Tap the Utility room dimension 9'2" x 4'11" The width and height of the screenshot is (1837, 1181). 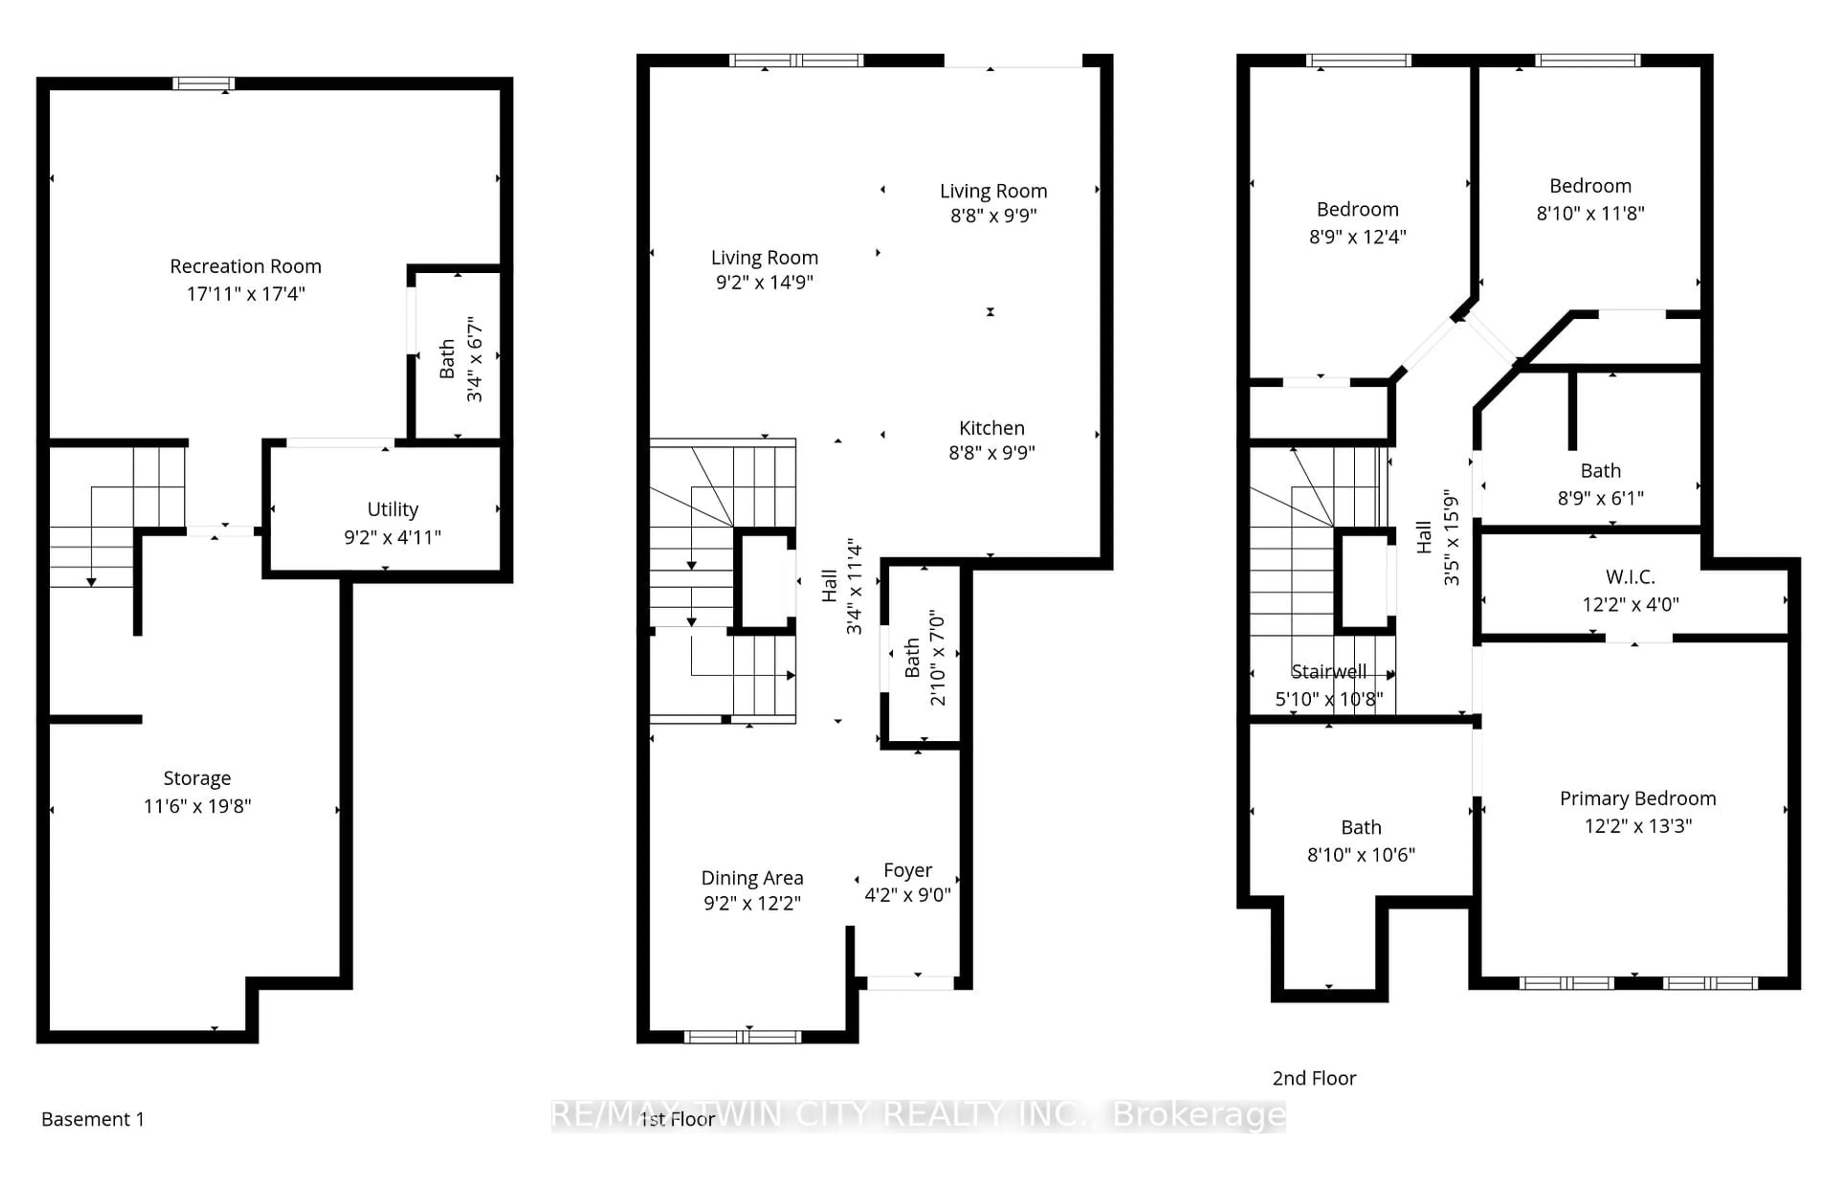click(393, 537)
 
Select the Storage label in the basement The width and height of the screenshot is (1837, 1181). click(197, 779)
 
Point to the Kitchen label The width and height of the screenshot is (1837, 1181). click(991, 428)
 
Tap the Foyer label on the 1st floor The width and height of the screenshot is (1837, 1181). click(908, 870)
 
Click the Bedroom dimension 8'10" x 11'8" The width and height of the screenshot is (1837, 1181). click(1590, 213)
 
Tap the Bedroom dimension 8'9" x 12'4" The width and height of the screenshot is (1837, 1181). click(1357, 237)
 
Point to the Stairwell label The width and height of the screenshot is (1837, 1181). click(1328, 672)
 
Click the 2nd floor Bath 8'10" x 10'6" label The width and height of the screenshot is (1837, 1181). click(1361, 827)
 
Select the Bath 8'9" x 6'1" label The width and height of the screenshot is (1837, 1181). click(1600, 471)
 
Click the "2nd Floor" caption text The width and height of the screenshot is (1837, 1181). click(1314, 1078)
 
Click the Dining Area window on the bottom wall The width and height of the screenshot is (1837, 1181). click(742, 1037)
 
